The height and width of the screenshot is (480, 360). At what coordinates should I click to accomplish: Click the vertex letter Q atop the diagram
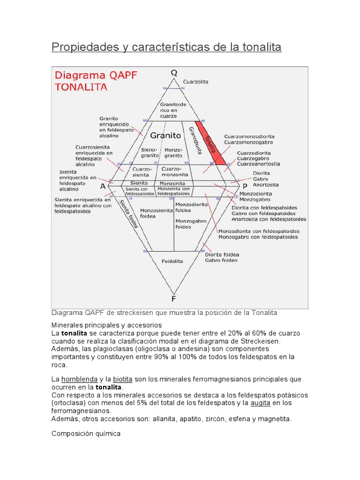click(x=174, y=73)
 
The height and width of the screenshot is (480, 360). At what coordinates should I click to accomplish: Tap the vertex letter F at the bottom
click(x=174, y=298)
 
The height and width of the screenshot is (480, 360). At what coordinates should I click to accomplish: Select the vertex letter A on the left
click(x=103, y=186)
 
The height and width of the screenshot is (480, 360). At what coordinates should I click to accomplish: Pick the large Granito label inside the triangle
click(x=165, y=135)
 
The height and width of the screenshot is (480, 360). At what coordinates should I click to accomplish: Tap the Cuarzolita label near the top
click(x=195, y=82)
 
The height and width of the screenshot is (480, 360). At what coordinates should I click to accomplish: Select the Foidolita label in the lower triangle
click(x=172, y=261)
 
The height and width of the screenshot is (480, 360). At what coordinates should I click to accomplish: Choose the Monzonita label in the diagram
click(x=172, y=183)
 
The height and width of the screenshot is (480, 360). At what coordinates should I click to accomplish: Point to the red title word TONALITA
click(x=81, y=87)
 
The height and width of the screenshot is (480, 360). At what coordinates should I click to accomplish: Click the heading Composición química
click(x=86, y=434)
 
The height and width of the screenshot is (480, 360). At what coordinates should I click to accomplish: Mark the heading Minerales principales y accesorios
click(x=106, y=324)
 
